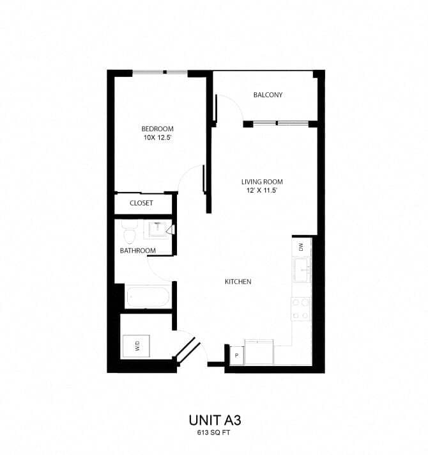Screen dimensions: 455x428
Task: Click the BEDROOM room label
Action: pyautogui.click(x=158, y=127)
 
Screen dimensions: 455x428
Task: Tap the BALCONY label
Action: pyautogui.click(x=268, y=95)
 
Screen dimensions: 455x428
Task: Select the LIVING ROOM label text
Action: pyautogui.click(x=263, y=181)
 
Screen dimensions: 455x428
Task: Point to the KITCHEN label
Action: pyautogui.click(x=238, y=282)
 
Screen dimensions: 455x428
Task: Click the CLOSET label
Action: pyautogui.click(x=141, y=204)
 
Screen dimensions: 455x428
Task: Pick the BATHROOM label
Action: pyautogui.click(x=138, y=250)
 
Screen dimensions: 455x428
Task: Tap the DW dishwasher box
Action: pyautogui.click(x=300, y=246)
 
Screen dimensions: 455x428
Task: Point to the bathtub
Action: pyautogui.click(x=148, y=297)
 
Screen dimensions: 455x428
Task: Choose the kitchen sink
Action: pyautogui.click(x=301, y=269)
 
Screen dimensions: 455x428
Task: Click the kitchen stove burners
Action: pyautogui.click(x=301, y=309)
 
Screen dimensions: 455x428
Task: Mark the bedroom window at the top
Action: pyautogui.click(x=160, y=73)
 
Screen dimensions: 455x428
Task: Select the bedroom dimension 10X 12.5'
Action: pyautogui.click(x=158, y=137)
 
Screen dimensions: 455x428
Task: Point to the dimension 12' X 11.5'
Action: pyautogui.click(x=263, y=191)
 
